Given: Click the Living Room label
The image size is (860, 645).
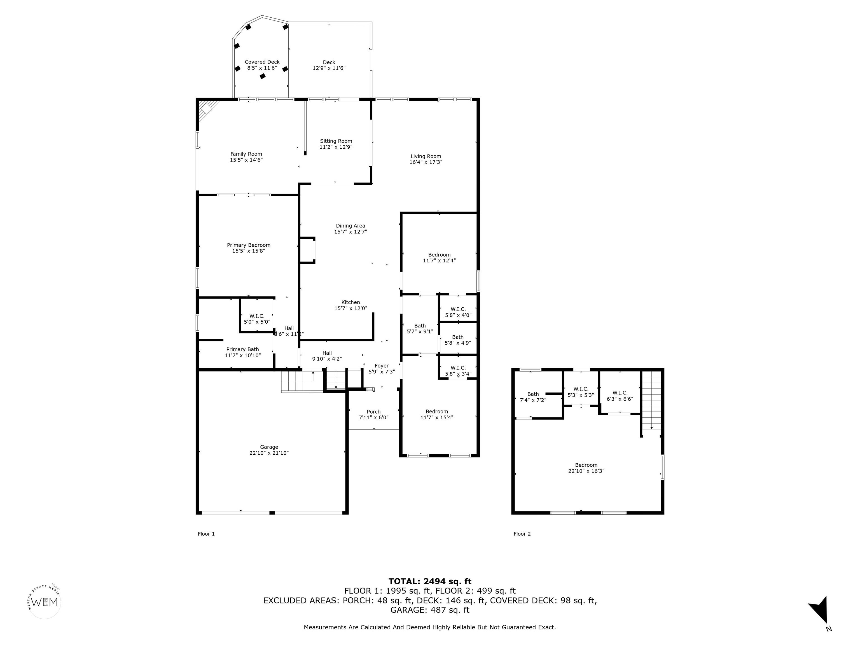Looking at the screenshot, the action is click(x=426, y=156).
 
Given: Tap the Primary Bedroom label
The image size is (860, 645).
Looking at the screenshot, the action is click(x=248, y=245).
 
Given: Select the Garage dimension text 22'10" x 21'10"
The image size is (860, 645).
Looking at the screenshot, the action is click(x=269, y=453).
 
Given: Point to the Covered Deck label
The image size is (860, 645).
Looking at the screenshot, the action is click(x=262, y=62).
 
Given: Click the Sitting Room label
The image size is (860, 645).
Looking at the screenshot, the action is click(x=336, y=141).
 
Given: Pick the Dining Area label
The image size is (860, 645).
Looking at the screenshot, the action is click(x=350, y=225).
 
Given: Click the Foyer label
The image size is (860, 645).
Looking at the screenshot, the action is click(x=381, y=366).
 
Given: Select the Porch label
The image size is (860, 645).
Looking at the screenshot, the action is click(x=374, y=412).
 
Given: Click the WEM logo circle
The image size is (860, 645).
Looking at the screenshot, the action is click(x=45, y=602).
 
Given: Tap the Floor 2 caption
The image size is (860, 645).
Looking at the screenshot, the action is click(x=522, y=534).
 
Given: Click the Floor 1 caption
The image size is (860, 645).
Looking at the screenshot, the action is click(x=206, y=534).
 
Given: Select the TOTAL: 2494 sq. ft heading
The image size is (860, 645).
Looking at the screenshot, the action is click(x=430, y=581).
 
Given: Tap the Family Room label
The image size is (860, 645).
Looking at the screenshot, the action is click(x=246, y=154).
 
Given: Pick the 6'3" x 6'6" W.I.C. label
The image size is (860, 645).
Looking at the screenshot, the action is click(x=620, y=396).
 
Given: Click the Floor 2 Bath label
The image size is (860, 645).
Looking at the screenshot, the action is click(x=533, y=394).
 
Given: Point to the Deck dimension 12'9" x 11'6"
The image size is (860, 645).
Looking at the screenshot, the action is click(x=329, y=68).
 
